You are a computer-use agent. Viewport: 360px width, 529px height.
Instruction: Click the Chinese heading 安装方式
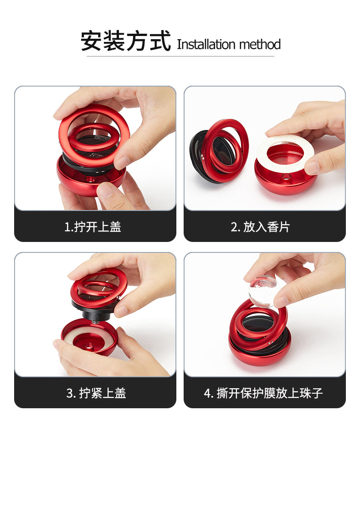pos(125,41)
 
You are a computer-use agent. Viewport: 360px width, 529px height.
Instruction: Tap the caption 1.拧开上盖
pos(93,226)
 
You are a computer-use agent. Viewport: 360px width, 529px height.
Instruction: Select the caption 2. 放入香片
pos(260,226)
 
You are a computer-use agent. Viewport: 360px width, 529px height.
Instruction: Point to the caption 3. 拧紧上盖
pos(96,393)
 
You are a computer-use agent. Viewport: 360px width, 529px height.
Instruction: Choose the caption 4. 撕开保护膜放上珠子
pos(263,393)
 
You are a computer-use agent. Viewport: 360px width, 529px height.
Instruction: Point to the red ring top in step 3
pos(98,285)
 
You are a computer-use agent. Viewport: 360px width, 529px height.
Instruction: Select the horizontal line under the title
pos(180,56)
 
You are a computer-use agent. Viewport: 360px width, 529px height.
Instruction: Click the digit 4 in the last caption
pos(207,393)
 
